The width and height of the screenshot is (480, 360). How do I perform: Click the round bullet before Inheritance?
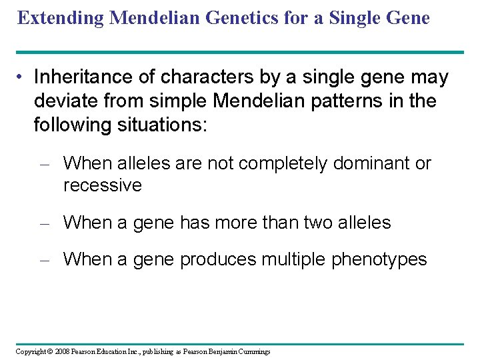[x=22, y=78]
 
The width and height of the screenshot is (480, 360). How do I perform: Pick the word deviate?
[x=63, y=101]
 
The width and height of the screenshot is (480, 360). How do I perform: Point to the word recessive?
[x=102, y=185]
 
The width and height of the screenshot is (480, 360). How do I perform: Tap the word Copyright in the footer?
[x=32, y=351]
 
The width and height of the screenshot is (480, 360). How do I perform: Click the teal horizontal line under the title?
[x=240, y=52]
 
